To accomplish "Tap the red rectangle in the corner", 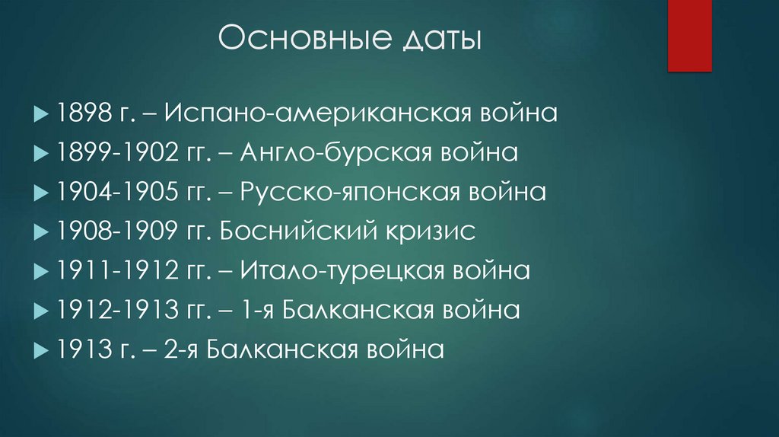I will point(689,36).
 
